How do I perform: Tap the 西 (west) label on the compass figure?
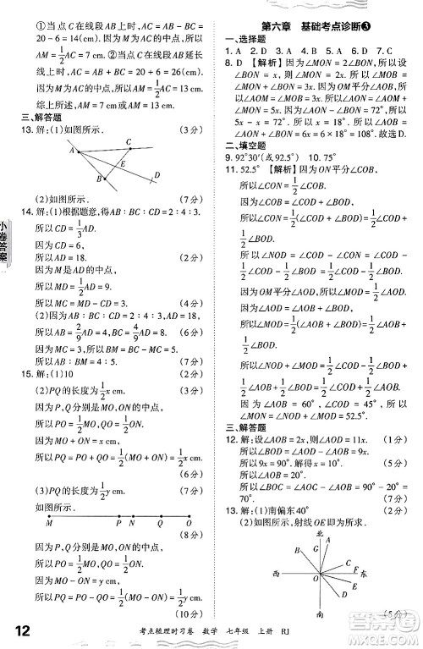pos(276,575)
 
